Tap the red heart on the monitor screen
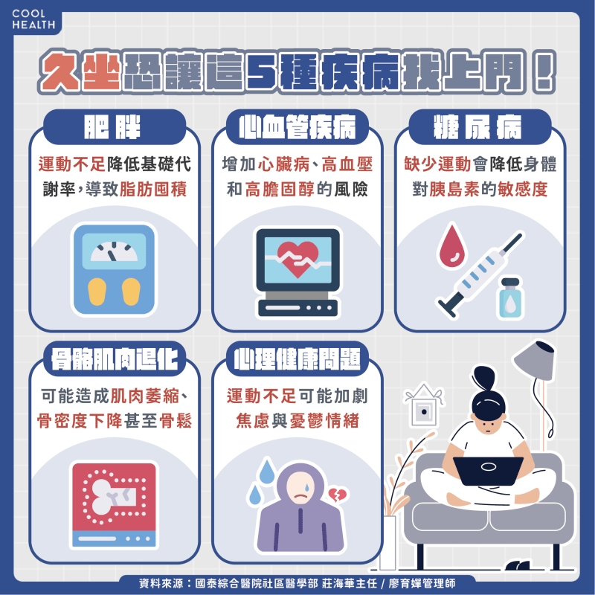(x=295, y=257)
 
